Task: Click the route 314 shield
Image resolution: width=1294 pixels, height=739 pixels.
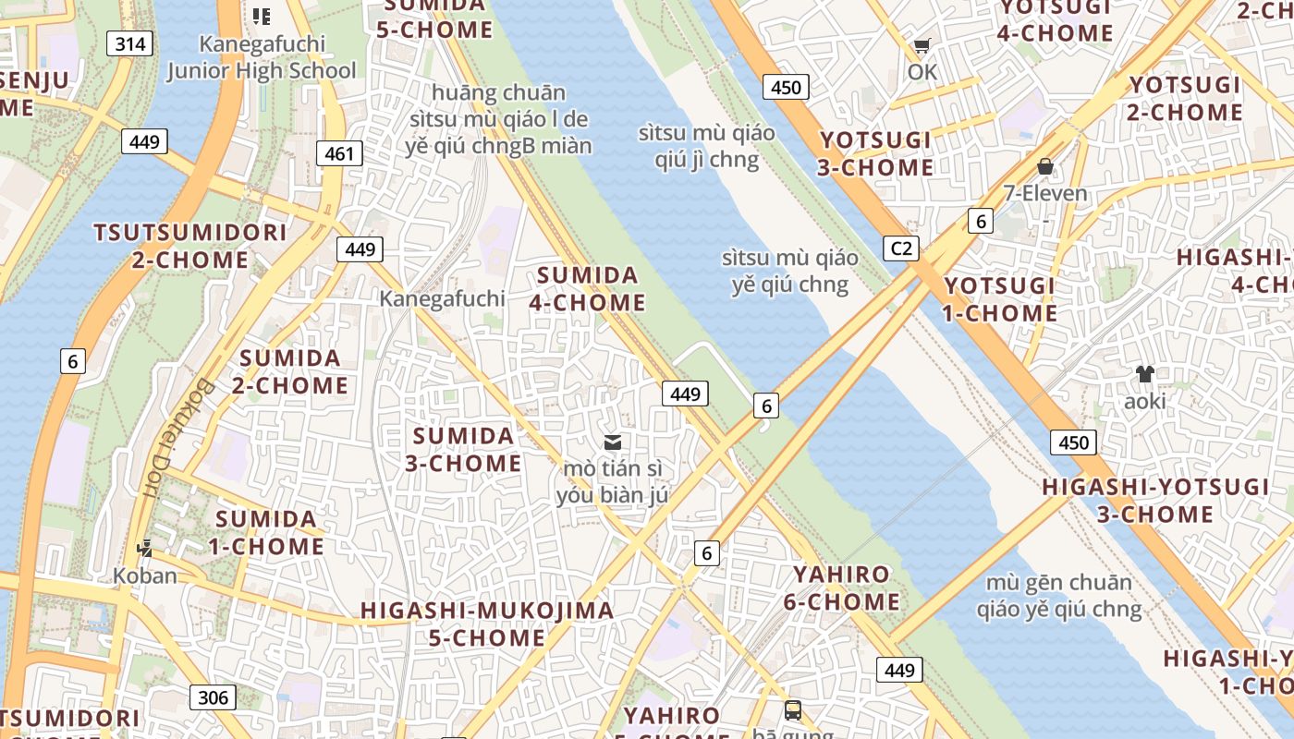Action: [x=129, y=43]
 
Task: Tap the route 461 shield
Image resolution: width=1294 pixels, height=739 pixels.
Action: [x=339, y=153]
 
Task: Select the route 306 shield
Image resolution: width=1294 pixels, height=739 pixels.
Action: [x=213, y=697]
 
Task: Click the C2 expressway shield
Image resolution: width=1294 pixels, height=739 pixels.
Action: [x=901, y=248]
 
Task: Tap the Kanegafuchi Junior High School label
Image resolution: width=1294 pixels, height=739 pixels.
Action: [x=262, y=57]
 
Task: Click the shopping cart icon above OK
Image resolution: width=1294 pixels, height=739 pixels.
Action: [x=922, y=45]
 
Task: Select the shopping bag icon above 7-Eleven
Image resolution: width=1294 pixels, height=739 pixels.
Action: [x=1045, y=166]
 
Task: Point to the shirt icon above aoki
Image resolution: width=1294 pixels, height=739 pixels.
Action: [x=1144, y=374]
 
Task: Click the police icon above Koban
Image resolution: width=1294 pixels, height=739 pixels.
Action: [x=144, y=549]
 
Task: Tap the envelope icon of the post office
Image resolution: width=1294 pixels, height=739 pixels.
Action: [x=612, y=442]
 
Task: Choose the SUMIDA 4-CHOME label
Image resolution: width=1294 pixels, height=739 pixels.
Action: [x=588, y=288]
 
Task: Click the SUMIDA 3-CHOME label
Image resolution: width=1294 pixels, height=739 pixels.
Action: [x=463, y=449]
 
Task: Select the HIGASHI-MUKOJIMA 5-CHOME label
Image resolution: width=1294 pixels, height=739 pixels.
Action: [x=487, y=624]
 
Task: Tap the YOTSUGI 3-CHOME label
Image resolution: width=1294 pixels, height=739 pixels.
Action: [x=875, y=153]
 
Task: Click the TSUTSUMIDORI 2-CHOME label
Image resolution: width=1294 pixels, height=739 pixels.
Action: [x=190, y=246]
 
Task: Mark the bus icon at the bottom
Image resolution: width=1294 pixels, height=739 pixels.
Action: [x=793, y=710]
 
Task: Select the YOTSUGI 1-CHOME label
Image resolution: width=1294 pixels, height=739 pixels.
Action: [x=999, y=299]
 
